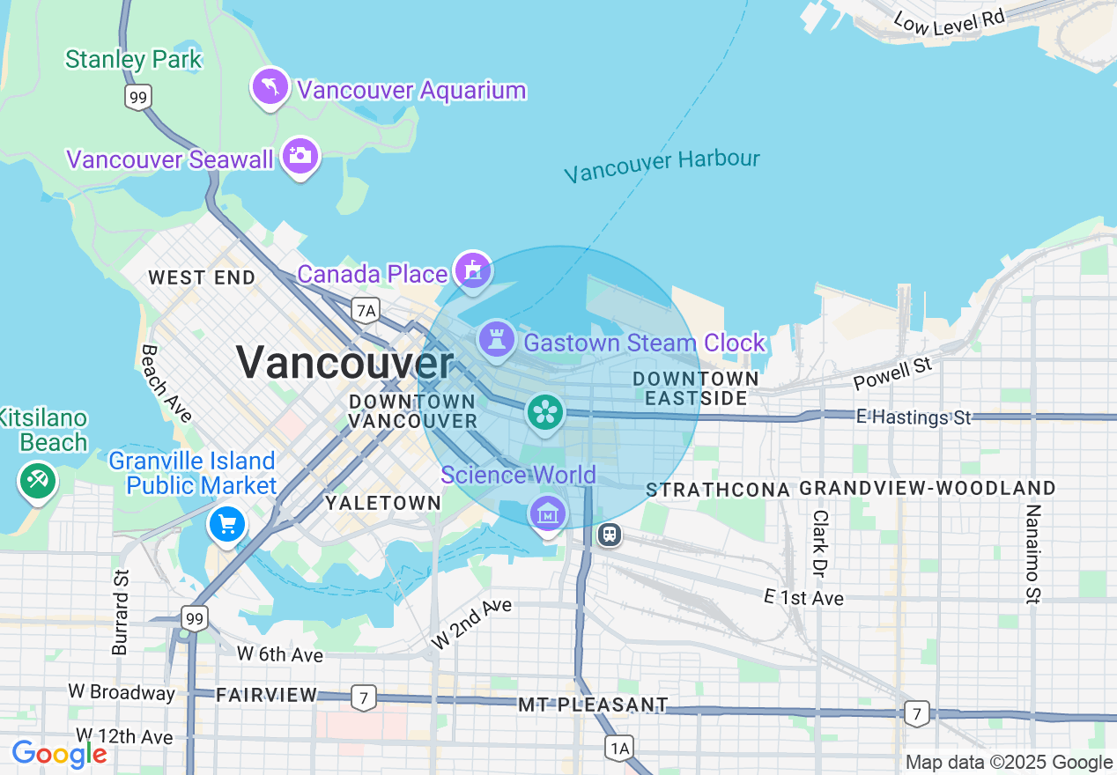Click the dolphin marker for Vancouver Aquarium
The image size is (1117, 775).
270,86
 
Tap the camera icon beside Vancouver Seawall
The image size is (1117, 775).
300,156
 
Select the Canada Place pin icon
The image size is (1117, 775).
473,268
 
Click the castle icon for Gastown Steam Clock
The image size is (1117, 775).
497,337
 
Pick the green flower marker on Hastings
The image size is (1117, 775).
545,411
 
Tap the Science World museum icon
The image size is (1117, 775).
547,512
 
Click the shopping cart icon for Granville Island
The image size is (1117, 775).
227,524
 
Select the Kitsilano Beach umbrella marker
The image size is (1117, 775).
38,481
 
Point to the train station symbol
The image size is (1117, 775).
609,535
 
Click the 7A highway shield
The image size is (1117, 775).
365,309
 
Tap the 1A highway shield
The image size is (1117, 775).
619,749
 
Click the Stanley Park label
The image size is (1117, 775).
134,60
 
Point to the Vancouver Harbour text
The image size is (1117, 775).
662,166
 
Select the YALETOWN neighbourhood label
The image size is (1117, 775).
383,503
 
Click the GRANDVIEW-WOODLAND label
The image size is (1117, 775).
928,489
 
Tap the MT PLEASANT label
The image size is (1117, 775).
593,705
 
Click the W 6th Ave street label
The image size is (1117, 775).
280,654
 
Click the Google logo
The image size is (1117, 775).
59,754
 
